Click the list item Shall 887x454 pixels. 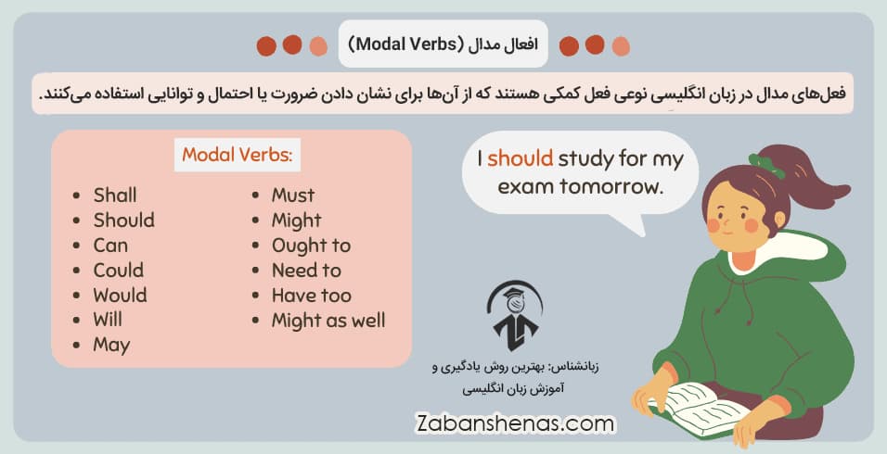point(115,195)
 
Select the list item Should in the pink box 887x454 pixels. point(123,221)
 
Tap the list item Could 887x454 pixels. point(118,271)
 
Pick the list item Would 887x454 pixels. point(120,296)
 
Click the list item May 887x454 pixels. point(111,346)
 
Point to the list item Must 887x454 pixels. point(292,195)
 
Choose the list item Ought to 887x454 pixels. point(311,246)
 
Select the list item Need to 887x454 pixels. point(306,271)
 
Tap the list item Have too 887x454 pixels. point(311,296)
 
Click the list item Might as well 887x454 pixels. point(328,321)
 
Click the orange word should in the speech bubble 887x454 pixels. point(520,159)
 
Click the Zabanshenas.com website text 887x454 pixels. point(515,423)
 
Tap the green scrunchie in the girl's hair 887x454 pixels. point(766,165)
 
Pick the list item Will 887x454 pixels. point(108,321)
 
